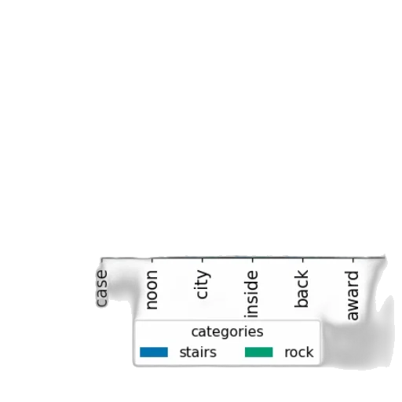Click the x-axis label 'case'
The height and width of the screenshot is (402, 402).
tap(102, 288)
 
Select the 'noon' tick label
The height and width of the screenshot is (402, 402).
tap(152, 290)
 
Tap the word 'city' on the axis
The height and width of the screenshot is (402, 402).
tap(203, 284)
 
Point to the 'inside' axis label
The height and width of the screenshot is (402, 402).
tap(252, 294)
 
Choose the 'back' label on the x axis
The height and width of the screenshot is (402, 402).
tap(302, 288)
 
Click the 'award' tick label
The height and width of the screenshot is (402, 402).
tap(353, 295)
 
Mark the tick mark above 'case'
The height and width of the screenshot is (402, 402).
tap(102, 260)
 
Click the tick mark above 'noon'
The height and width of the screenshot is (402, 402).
tap(152, 260)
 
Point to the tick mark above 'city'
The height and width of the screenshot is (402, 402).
tap(203, 260)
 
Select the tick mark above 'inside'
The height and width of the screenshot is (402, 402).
tap(253, 260)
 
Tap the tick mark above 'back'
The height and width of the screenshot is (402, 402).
tap(303, 260)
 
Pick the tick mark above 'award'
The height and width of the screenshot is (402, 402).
tap(353, 260)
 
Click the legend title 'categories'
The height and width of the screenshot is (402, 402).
tap(227, 332)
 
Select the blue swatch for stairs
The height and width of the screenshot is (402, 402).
tap(154, 352)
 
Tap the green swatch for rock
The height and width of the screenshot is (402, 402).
tap(259, 352)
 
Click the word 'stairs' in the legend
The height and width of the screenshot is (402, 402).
tap(198, 353)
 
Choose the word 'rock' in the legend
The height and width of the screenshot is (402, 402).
tap(299, 353)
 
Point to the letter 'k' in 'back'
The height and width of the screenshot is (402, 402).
tap(301, 274)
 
